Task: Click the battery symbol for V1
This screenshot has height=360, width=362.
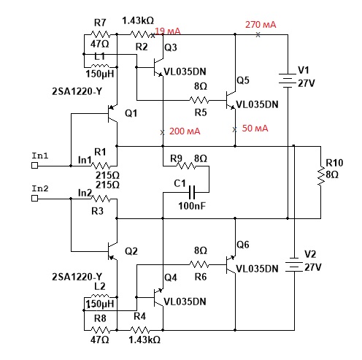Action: (x=288, y=80)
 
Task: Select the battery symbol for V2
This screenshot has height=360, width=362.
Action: (x=294, y=264)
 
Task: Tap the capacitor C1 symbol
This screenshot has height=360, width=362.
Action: (x=192, y=192)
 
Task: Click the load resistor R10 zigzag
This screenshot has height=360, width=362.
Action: (x=321, y=176)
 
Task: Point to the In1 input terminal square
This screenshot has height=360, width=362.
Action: (x=34, y=166)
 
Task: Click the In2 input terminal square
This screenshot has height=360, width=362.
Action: (x=34, y=199)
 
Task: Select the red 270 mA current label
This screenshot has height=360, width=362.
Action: (x=261, y=25)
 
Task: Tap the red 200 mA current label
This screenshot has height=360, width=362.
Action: (x=185, y=131)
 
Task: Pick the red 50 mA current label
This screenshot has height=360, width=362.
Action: (x=255, y=129)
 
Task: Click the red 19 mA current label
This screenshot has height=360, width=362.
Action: (x=168, y=31)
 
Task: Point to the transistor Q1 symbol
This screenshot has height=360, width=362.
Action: (x=112, y=114)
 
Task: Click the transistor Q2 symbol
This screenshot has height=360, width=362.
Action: (x=112, y=251)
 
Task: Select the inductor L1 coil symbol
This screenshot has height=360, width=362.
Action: (x=100, y=66)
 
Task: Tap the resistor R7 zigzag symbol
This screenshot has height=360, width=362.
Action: (x=100, y=34)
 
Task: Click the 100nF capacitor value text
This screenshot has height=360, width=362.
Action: (x=192, y=206)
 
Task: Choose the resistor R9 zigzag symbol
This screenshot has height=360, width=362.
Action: (x=186, y=166)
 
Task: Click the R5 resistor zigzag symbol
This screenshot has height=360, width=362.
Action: (x=199, y=100)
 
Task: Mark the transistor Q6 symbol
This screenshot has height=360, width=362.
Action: (x=231, y=264)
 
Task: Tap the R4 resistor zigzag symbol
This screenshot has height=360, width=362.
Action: (x=140, y=330)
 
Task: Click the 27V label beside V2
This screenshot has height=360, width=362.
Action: (x=313, y=267)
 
